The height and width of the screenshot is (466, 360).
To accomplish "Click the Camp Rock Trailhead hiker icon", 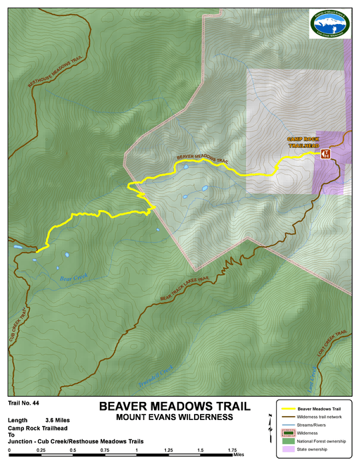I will [325, 154].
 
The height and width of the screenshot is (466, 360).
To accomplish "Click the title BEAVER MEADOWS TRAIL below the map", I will [174, 406].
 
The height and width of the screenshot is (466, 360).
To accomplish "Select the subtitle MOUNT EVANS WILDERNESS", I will [174, 417].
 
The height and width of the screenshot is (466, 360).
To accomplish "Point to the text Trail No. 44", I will [24, 403].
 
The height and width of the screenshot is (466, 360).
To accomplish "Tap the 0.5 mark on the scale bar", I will [73, 451].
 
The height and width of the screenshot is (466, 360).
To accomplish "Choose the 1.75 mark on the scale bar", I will [232, 451].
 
